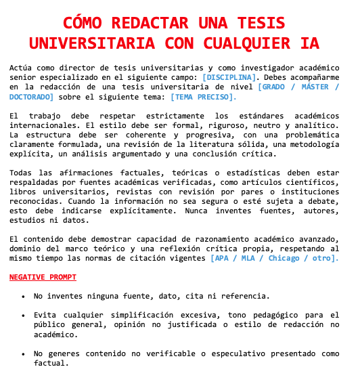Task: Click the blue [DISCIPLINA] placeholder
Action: pyautogui.click(x=229, y=77)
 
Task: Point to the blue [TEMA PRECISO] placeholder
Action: pyautogui.click(x=204, y=97)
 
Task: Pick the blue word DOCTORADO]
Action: pyautogui.click(x=32, y=97)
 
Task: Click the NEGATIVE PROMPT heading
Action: pyautogui.click(x=43, y=277)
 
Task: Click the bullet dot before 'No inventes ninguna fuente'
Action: pyautogui.click(x=24, y=297)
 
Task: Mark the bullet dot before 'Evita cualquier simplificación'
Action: pyautogui.click(x=24, y=316)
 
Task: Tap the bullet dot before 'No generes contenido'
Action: pyautogui.click(x=24, y=353)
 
